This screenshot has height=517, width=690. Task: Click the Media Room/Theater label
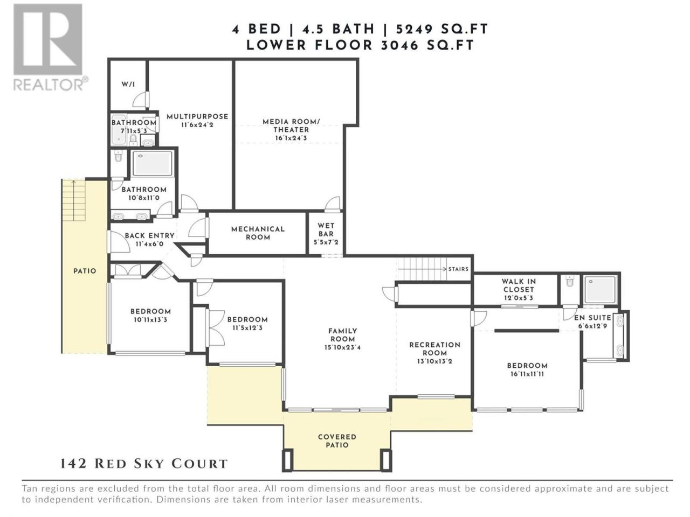[x=291, y=125]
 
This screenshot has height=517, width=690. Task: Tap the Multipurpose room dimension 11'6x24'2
[x=197, y=125]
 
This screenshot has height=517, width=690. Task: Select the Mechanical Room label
[x=258, y=233]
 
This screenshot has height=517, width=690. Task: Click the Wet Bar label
[x=326, y=230]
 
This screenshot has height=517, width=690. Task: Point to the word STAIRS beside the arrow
[x=458, y=269]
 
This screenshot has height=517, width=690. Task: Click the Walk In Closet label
[x=519, y=285]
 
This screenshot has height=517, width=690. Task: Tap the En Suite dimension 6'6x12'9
[x=592, y=326]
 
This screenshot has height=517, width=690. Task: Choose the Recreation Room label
[x=434, y=349]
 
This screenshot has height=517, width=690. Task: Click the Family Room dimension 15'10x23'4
[x=343, y=347]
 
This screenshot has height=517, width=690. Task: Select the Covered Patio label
[x=337, y=441]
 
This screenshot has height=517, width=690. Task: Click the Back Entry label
[x=150, y=236]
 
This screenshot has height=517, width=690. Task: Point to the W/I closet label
[x=128, y=85]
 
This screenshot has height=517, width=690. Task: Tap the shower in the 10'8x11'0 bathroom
[x=152, y=164]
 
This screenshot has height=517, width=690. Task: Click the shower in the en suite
[x=600, y=290]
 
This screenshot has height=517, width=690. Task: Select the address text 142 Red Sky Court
[x=143, y=464]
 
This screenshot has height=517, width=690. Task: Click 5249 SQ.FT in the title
[x=441, y=29]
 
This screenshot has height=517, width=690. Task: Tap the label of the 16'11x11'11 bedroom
[x=527, y=366]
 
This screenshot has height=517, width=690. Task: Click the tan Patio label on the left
[x=85, y=271]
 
